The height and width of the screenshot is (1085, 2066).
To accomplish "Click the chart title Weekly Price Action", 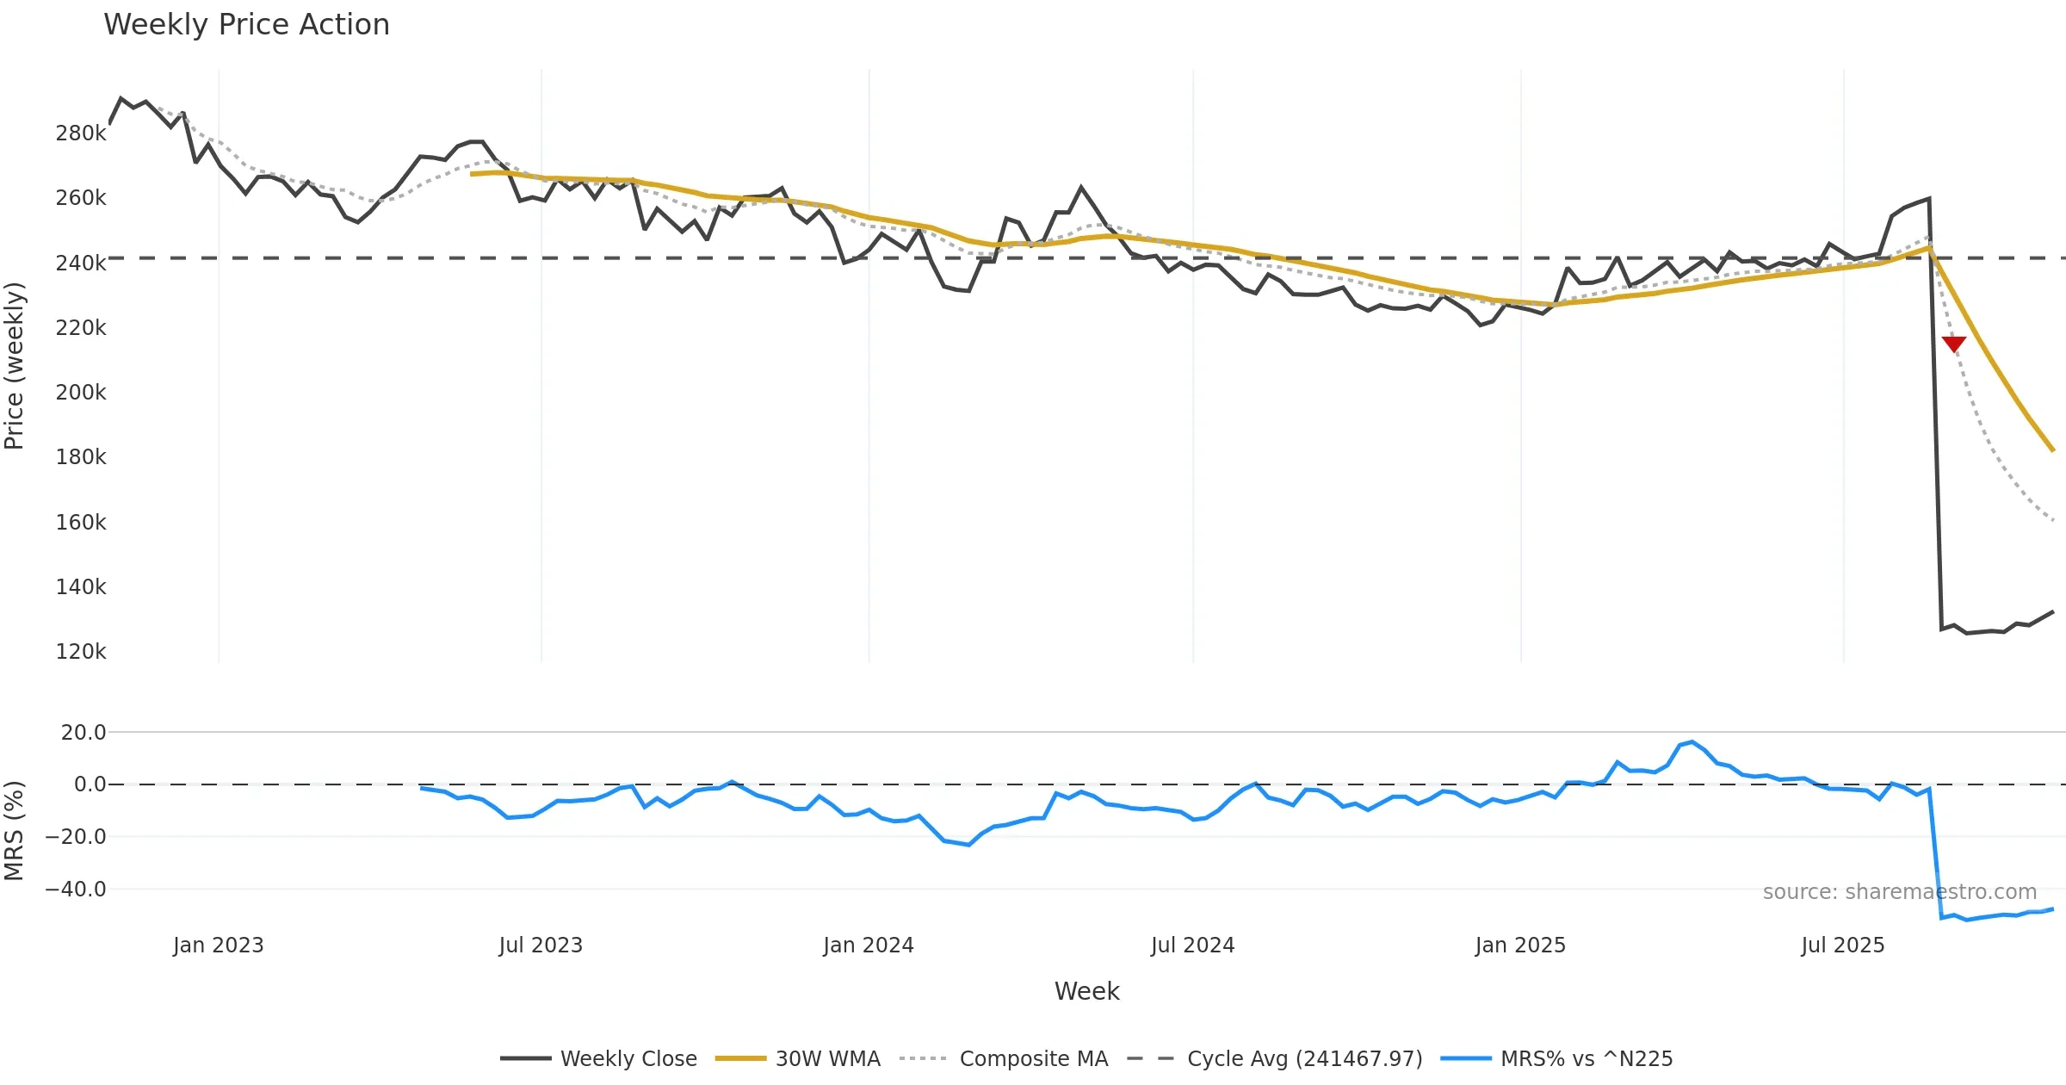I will (246, 25).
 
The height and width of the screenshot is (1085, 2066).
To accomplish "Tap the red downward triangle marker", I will (1954, 344).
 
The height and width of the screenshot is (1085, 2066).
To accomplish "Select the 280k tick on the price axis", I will (81, 133).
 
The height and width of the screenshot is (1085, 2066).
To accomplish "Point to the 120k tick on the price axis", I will (81, 652).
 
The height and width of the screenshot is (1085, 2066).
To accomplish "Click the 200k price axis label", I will (81, 393).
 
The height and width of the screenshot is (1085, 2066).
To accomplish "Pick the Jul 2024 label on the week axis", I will (1192, 945).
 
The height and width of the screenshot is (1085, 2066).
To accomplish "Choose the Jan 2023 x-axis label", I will (218, 945).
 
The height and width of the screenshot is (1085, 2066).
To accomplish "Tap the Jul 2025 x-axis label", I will (1842, 945).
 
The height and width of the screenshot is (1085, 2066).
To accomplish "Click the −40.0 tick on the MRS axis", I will (76, 890).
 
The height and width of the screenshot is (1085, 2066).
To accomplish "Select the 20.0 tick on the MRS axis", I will (84, 733).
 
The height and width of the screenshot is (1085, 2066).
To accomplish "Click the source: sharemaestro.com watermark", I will (1899, 892).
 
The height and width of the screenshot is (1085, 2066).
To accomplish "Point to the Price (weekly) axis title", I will (15, 366).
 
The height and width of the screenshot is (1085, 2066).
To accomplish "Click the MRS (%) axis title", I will (15, 830).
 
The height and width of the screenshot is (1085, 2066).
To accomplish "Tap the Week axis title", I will (1086, 992).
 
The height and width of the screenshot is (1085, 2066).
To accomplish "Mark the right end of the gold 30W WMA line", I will (2053, 450).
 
